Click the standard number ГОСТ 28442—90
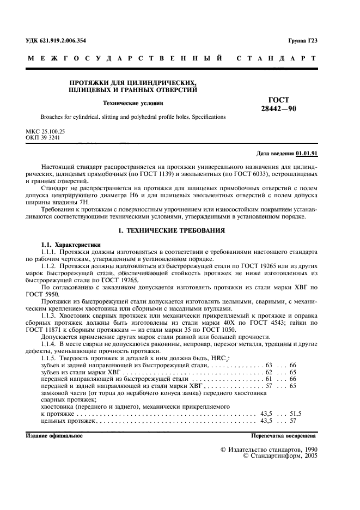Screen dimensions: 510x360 279,104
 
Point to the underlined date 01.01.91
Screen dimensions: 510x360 307,153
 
